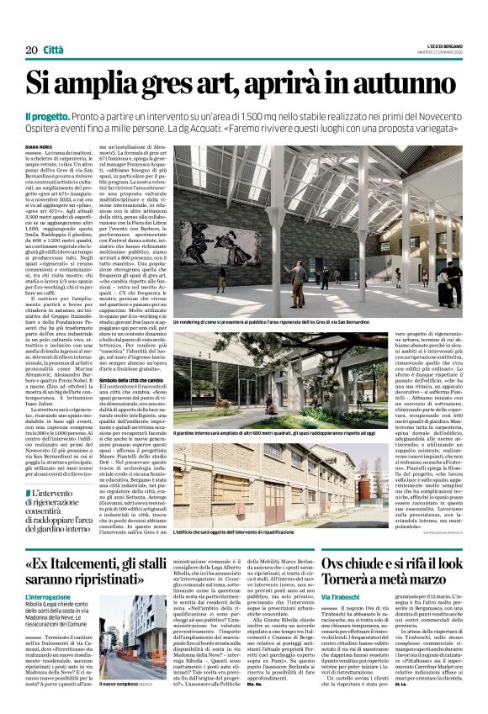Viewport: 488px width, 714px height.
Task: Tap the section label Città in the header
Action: click(53, 50)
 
